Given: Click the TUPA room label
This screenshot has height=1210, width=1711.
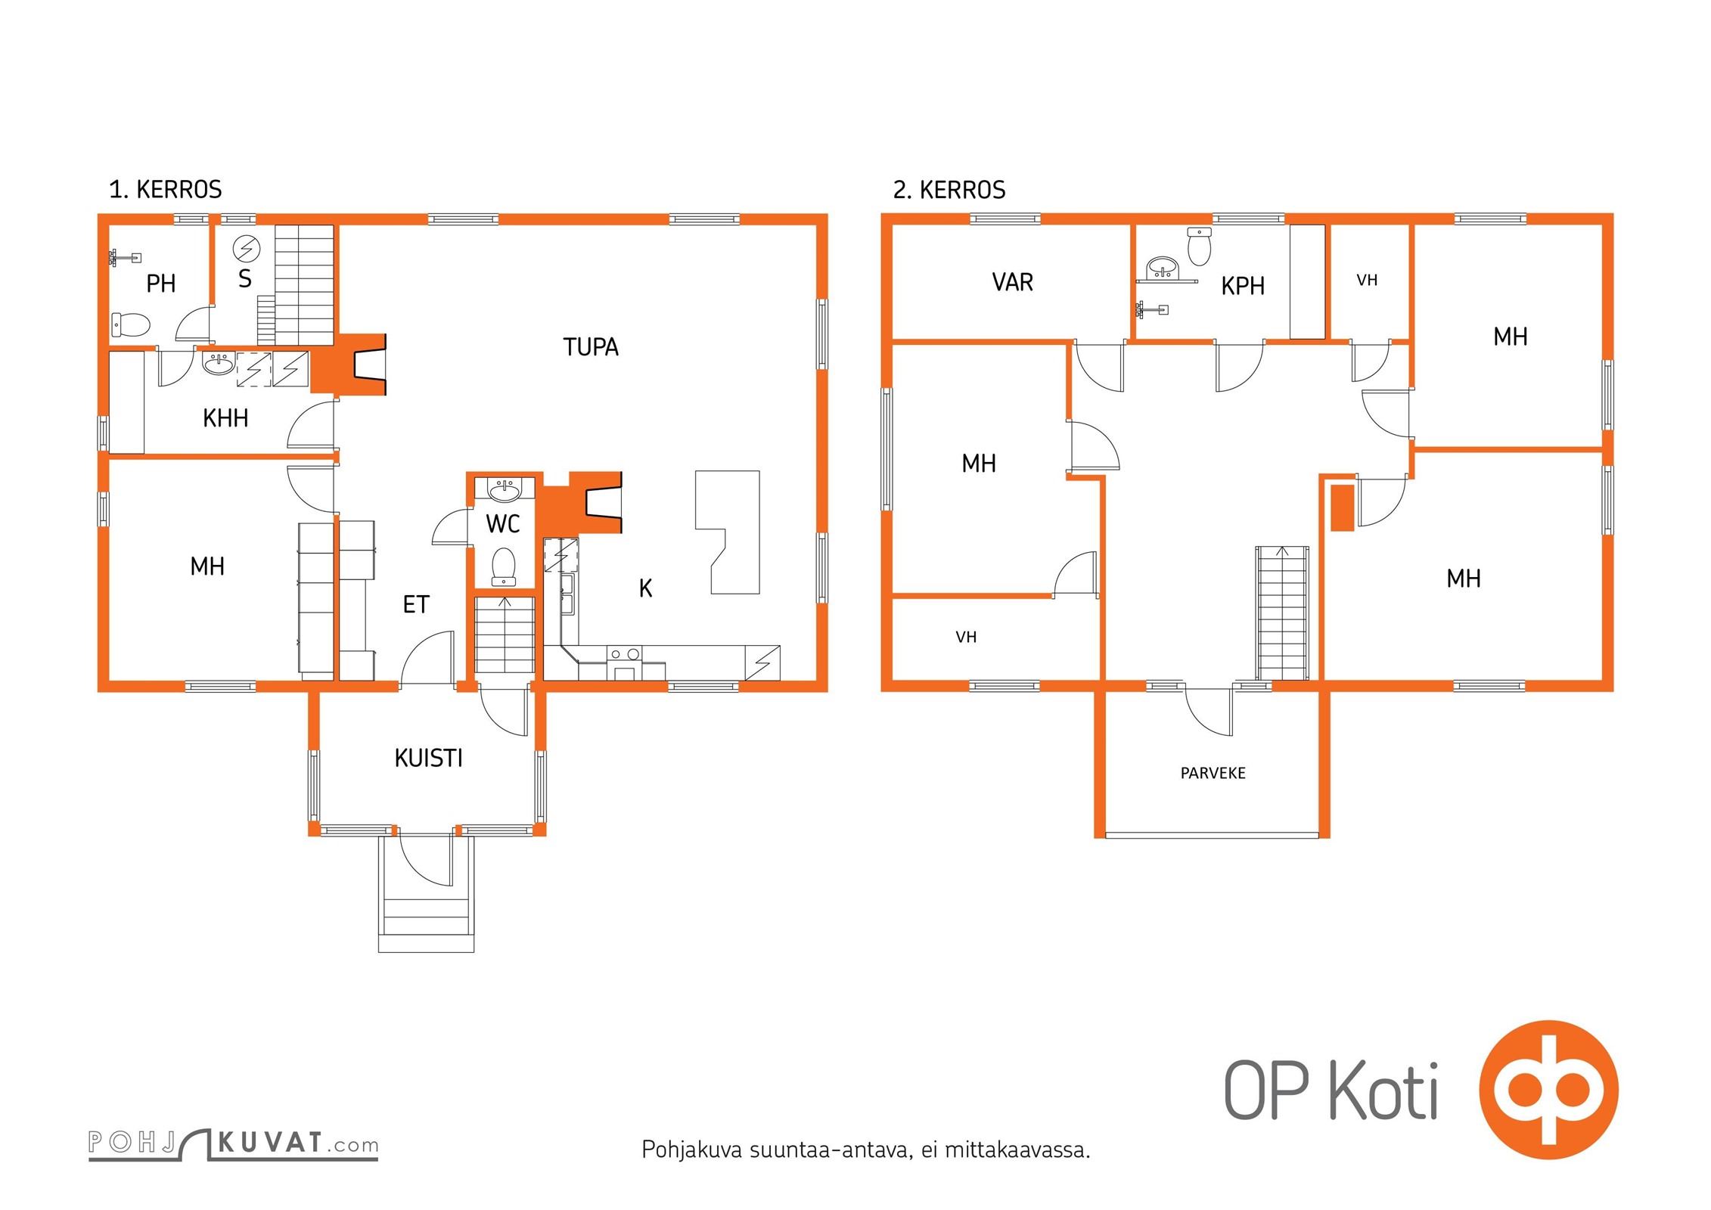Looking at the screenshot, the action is coord(591,347).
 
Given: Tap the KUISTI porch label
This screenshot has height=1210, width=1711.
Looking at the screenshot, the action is coord(428,758).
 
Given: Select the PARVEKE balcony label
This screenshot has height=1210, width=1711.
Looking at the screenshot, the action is coord(1213,773).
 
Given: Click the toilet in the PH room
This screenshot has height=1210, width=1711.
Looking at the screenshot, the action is coord(130,325).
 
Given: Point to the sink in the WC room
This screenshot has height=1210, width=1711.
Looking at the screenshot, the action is coord(505,491).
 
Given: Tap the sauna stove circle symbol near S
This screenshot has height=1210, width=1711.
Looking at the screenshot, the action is coord(247,247).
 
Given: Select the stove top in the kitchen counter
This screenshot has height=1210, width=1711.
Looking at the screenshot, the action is coord(624,654).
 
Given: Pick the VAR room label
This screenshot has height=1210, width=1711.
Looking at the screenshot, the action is coord(1012,282).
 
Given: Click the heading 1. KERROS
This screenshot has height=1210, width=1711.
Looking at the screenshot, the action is coord(166,189).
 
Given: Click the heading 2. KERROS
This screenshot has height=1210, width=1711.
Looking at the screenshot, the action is coord(949,189).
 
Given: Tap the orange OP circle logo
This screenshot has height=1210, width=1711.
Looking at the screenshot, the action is coord(1548,1089).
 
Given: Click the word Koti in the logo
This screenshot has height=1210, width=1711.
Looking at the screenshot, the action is coord(1383,1090).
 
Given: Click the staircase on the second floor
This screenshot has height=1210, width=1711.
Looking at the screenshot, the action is coord(1282,613).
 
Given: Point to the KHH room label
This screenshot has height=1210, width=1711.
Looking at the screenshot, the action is coord(225,418).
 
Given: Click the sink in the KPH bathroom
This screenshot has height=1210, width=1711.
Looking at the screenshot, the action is coord(1163,268).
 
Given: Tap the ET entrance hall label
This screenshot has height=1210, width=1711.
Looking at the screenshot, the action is coord(416,604).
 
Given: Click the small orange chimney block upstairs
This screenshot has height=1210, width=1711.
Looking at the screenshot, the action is coord(1342,507).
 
